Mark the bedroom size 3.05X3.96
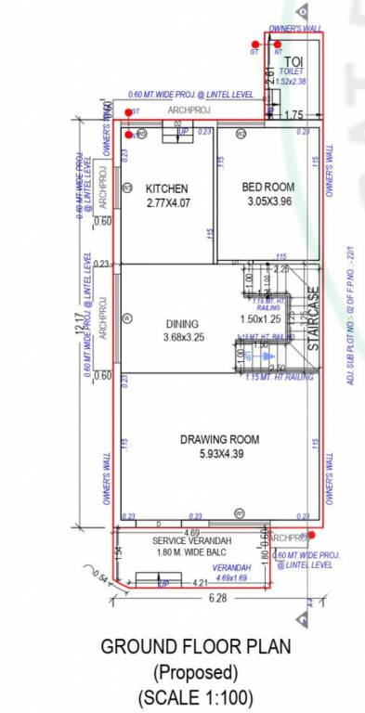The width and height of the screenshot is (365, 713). [269, 201]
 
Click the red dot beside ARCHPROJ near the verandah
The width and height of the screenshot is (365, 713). [312, 535]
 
